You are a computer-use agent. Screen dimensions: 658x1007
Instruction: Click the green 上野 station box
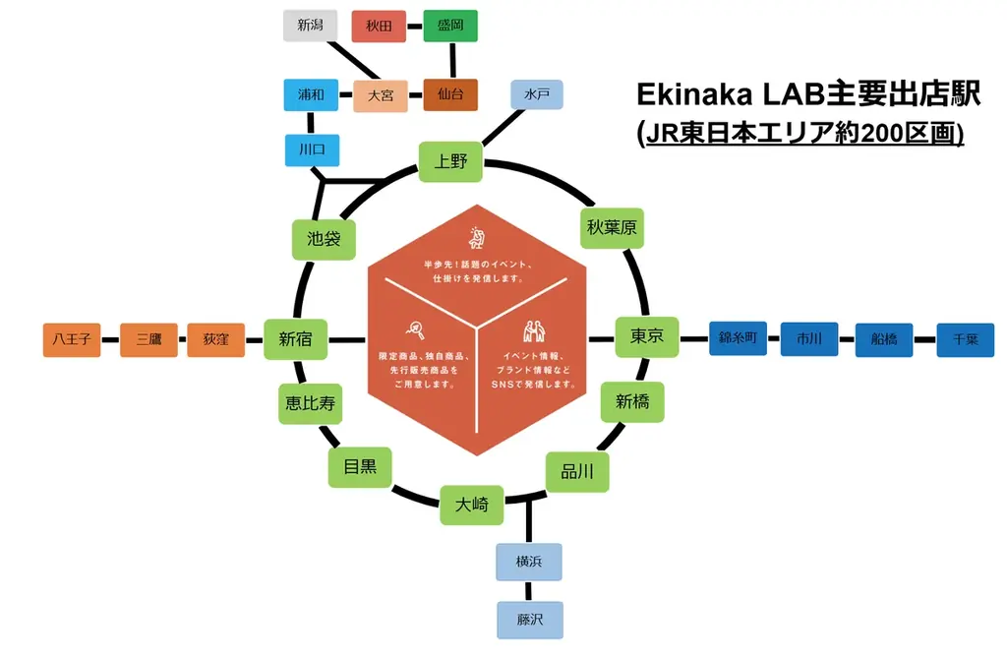pyautogui.click(x=451, y=161)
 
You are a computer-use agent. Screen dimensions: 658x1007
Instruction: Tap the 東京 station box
pyautogui.click(x=647, y=336)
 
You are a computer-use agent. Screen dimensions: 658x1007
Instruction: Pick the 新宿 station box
pyautogui.click(x=295, y=339)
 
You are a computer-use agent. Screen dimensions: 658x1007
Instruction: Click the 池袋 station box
pyautogui.click(x=324, y=239)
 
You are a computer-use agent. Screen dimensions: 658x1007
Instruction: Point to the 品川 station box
pyautogui.click(x=577, y=472)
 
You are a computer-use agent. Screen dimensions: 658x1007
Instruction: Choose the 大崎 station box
pyautogui.click(x=471, y=506)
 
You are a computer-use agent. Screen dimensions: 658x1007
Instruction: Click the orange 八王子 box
pyautogui.click(x=73, y=339)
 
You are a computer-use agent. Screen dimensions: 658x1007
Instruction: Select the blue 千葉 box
pyautogui.click(x=965, y=339)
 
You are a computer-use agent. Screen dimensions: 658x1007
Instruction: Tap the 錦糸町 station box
pyautogui.click(x=737, y=339)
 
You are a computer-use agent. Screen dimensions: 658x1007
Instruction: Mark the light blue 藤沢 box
pyautogui.click(x=530, y=621)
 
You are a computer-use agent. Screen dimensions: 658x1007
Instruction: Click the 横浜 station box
pyautogui.click(x=530, y=562)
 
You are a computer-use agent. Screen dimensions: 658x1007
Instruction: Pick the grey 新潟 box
pyautogui.click(x=311, y=26)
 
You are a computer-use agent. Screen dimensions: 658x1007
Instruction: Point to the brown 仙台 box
pyautogui.click(x=450, y=95)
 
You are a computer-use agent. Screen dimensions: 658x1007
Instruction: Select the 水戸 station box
pyautogui.click(x=537, y=95)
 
